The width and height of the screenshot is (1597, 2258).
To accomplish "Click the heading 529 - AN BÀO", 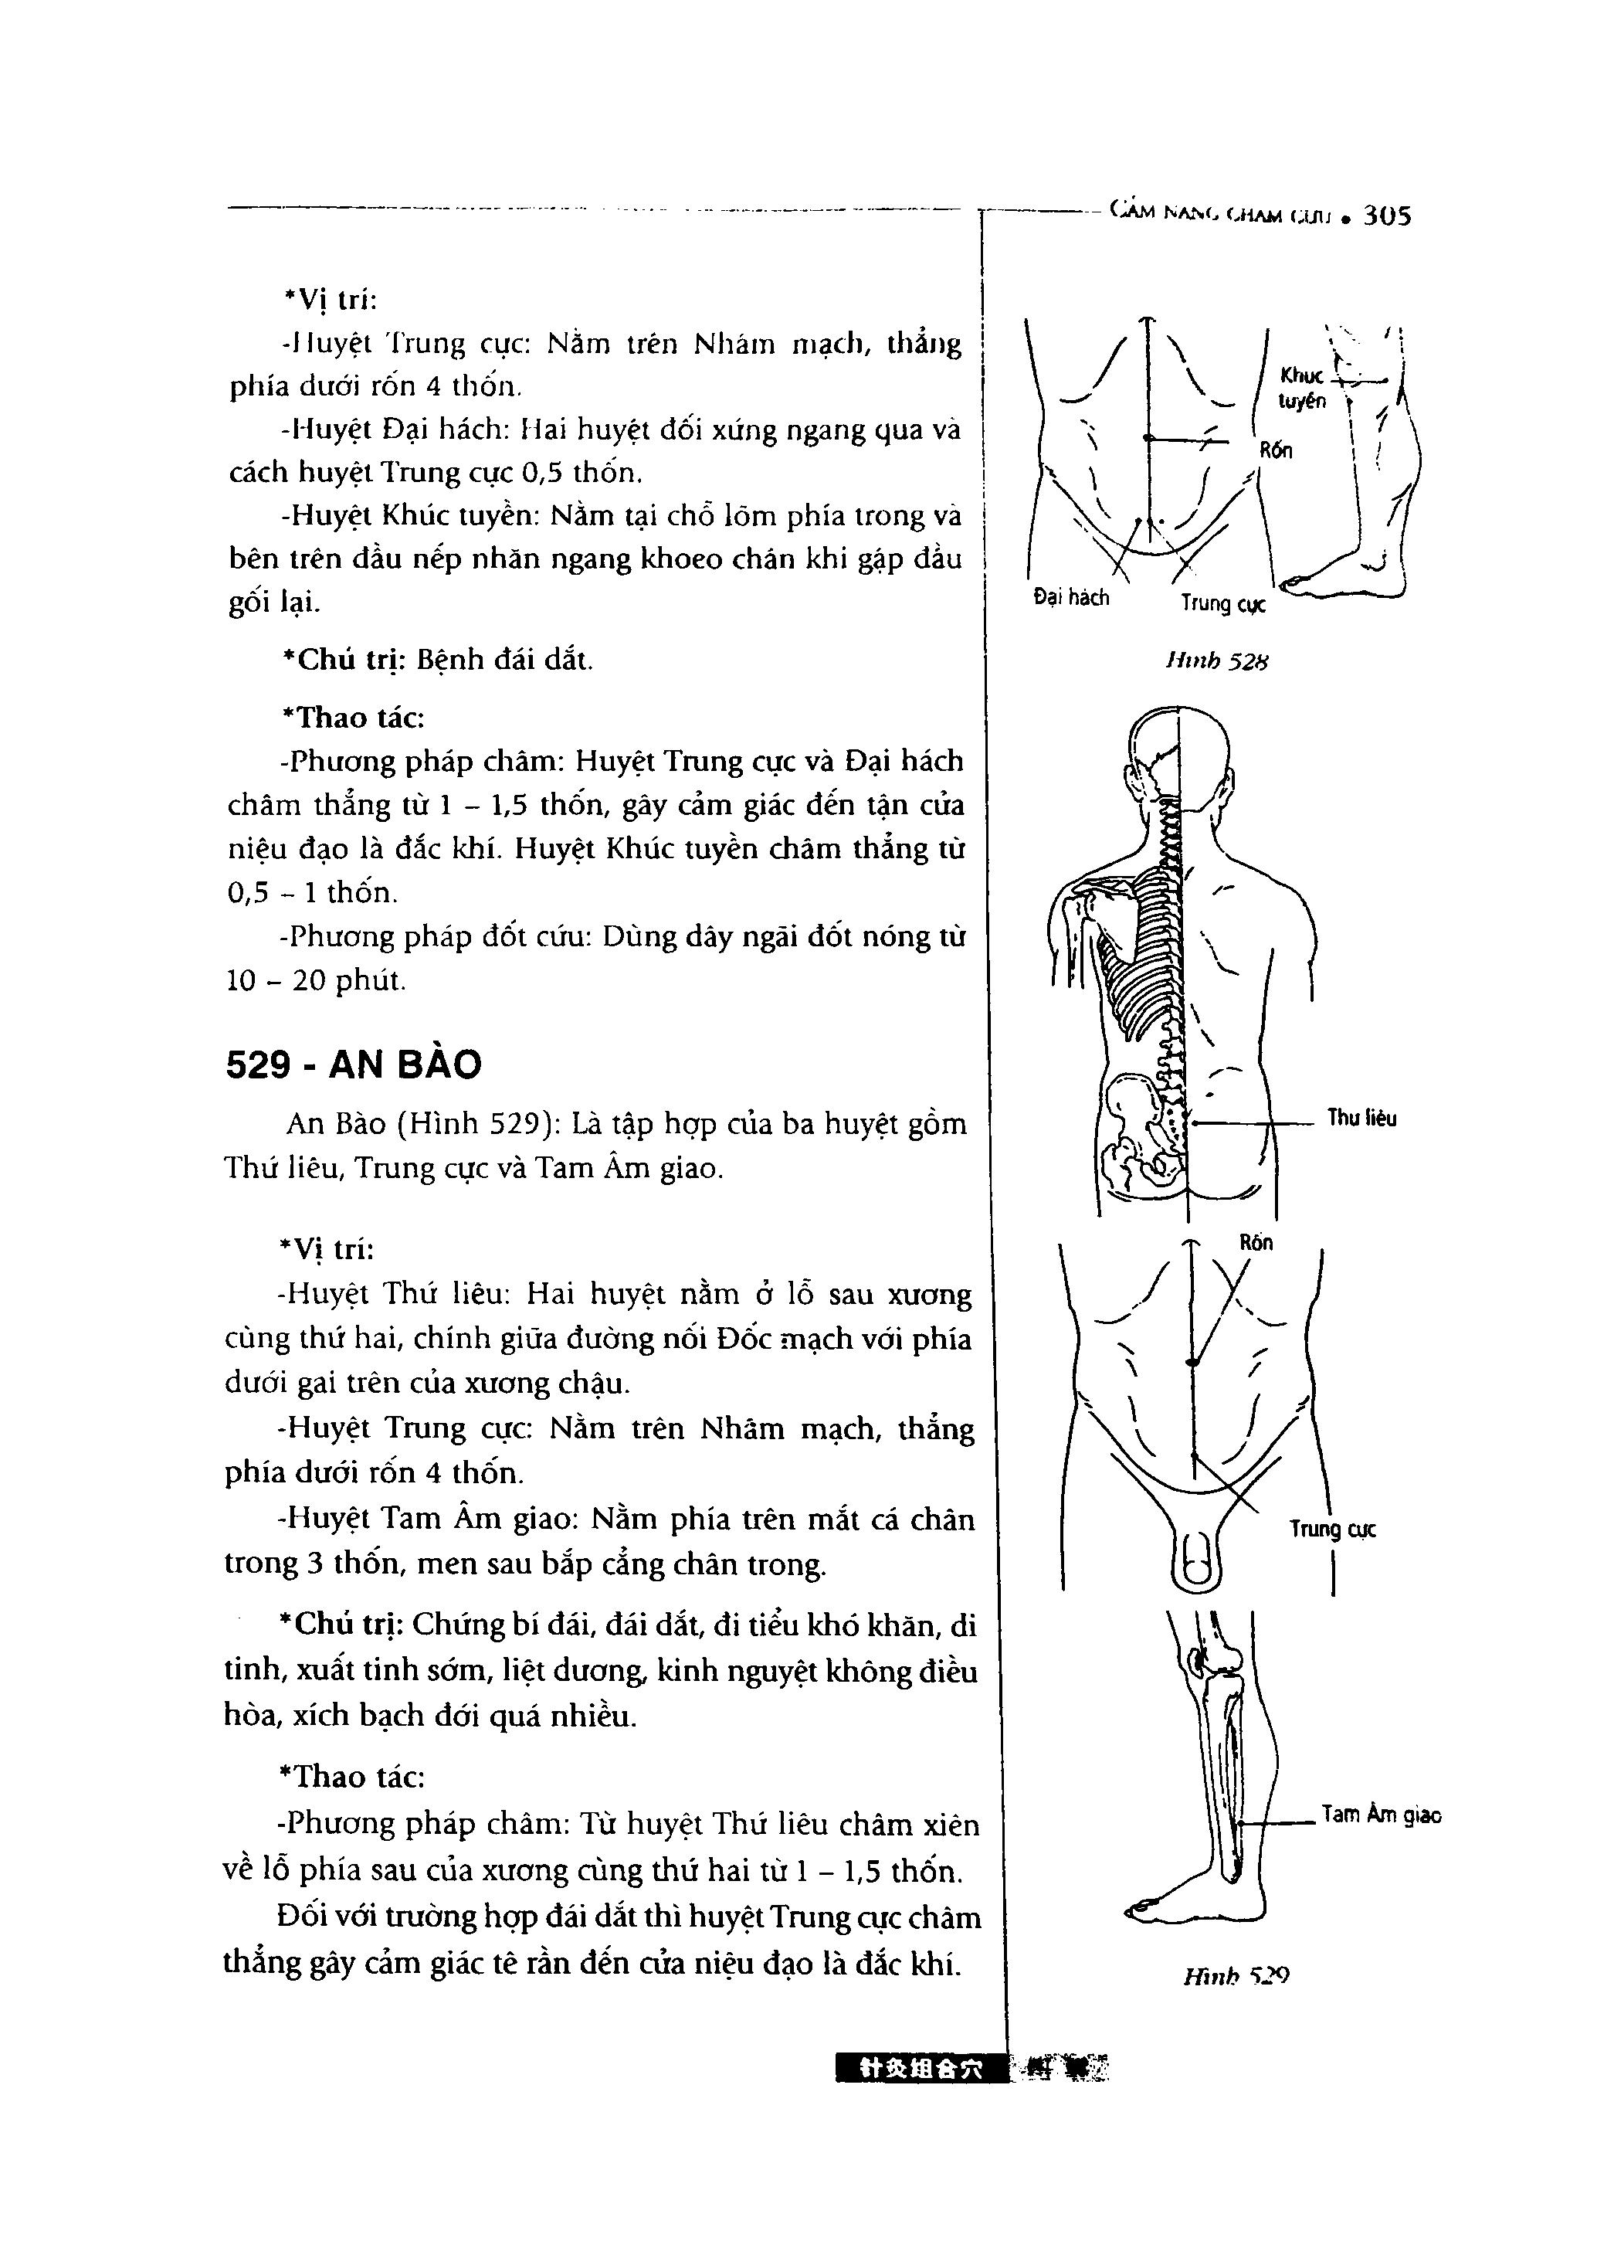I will coord(354,1064).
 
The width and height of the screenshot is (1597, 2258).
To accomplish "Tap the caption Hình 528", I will coord(1216,662).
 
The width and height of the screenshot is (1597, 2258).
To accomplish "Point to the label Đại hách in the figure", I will coord(1071,597).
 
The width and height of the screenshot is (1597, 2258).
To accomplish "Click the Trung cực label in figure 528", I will coord(1223,603).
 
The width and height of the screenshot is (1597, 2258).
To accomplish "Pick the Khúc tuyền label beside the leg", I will coord(1302,388).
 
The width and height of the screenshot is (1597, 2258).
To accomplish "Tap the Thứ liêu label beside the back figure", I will coord(1361,1118).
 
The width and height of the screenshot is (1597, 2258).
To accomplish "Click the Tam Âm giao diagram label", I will coord(1381,1815).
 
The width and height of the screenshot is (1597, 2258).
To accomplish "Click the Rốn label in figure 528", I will coord(1276,450).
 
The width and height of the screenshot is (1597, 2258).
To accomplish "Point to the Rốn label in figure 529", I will coord(1256,1242).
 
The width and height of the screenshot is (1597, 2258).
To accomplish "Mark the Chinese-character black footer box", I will coord(921,2068).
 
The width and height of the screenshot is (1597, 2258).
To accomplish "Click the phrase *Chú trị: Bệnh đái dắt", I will coord(438,659).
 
